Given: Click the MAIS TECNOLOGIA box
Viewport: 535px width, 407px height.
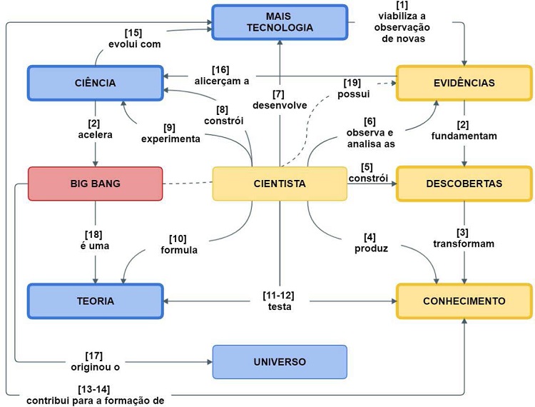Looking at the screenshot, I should tap(279, 21).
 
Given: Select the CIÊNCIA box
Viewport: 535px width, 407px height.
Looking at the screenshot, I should tap(95, 83).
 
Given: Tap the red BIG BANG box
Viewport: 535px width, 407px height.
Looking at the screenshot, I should tap(95, 184).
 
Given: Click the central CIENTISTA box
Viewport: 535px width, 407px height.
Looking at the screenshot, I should tap(280, 184).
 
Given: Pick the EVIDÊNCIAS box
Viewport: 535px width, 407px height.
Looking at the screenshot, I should tap(464, 83).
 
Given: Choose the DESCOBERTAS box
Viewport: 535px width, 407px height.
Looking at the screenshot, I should tap(464, 184).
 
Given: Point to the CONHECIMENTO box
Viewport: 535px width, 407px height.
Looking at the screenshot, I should tap(464, 301).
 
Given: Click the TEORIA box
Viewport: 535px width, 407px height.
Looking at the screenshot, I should tap(95, 301).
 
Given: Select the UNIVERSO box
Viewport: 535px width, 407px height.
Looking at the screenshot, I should tap(280, 362).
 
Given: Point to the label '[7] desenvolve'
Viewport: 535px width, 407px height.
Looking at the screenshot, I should tap(280, 100).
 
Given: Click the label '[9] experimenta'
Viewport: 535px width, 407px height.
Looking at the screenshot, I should tap(170, 133).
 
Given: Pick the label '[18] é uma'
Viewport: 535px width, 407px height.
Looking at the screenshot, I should tap(95, 241).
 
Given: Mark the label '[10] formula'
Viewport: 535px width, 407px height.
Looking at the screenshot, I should tap(178, 244).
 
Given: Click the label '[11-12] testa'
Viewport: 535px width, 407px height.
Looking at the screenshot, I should tap(279, 300).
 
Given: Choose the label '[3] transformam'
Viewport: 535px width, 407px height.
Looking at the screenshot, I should tap(465, 237).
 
